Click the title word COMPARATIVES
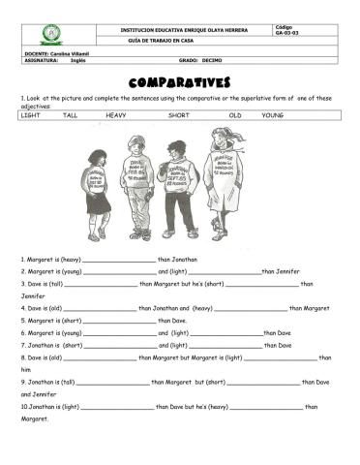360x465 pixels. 179,83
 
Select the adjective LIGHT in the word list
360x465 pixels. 30,114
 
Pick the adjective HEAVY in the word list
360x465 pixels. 116,114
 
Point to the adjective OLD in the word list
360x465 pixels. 235,114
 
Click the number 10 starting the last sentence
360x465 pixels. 23,407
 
